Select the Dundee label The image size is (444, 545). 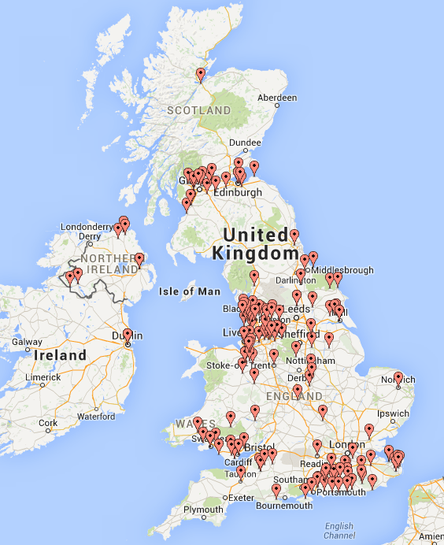(245, 143)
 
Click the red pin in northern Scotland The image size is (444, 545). (201, 75)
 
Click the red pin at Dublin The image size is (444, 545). (128, 336)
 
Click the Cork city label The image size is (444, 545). (48, 423)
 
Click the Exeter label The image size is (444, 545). (241, 497)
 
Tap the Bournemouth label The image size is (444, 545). (281, 505)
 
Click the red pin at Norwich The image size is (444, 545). (398, 378)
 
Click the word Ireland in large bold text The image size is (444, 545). (60, 355)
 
